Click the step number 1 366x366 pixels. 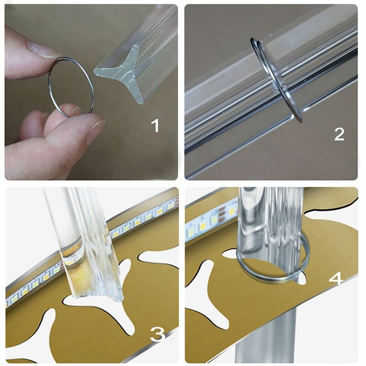[x=155, y=125]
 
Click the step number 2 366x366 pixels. [x=339, y=134]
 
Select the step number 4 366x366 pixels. [x=336, y=279]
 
